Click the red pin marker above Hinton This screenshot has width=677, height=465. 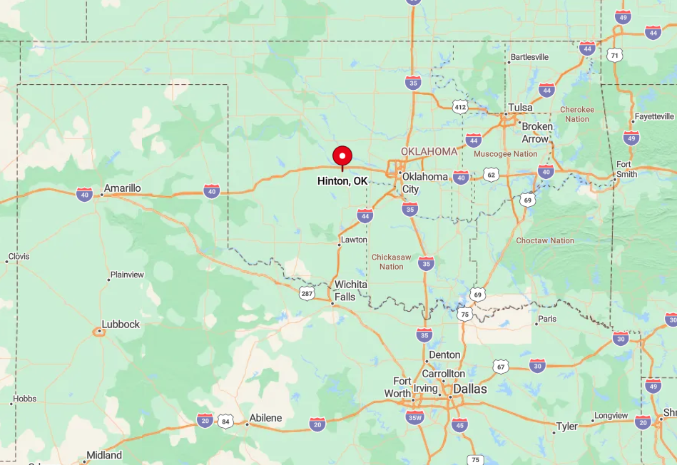(342, 156)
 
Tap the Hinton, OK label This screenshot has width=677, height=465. (342, 181)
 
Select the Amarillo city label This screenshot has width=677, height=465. (122, 188)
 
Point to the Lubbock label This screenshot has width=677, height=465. (121, 324)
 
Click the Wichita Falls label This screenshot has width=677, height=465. (351, 290)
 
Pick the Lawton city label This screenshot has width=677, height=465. (354, 240)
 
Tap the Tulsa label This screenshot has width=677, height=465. (520, 108)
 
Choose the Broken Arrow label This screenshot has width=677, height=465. (536, 133)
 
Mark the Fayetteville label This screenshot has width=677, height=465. (653, 116)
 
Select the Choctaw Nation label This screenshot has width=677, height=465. (545, 240)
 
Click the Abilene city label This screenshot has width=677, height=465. (265, 418)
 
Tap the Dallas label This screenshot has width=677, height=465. (470, 389)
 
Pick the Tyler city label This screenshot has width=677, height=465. (567, 426)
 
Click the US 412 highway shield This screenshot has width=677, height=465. (460, 107)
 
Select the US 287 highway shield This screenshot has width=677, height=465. (307, 293)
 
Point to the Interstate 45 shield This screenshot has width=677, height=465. (460, 425)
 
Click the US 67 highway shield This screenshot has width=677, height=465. (500, 367)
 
